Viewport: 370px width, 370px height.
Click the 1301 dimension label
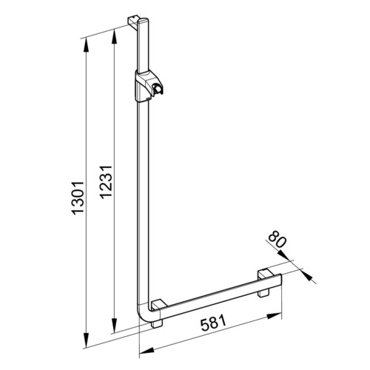point(78,198)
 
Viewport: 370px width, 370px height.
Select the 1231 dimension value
point(106,182)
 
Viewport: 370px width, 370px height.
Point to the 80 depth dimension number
point(277,238)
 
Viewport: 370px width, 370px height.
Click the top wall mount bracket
point(133,21)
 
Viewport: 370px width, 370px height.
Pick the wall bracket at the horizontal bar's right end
point(265,282)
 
